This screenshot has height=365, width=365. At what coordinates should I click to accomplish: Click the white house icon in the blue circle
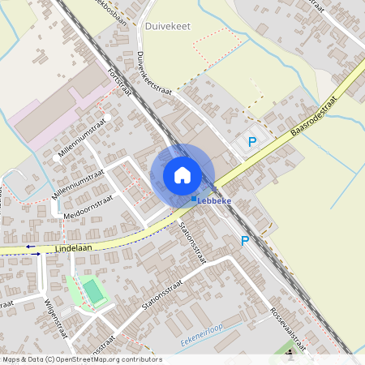[182, 175]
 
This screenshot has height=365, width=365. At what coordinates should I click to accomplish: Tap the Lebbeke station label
[215, 200]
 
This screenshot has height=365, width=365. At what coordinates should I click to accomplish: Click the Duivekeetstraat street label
[152, 71]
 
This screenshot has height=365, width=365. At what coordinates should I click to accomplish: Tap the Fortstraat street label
[119, 84]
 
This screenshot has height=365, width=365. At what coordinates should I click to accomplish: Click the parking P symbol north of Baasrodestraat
[252, 143]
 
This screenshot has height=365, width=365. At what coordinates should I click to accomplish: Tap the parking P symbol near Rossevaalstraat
[245, 240]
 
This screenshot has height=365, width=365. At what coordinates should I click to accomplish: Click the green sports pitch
[94, 290]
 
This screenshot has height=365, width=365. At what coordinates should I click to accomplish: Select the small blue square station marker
[194, 199]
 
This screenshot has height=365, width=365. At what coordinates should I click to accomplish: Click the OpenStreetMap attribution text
[82, 359]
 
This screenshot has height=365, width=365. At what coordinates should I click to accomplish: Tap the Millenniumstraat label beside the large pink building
[83, 139]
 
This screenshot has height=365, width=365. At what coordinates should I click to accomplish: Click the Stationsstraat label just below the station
[194, 243]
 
